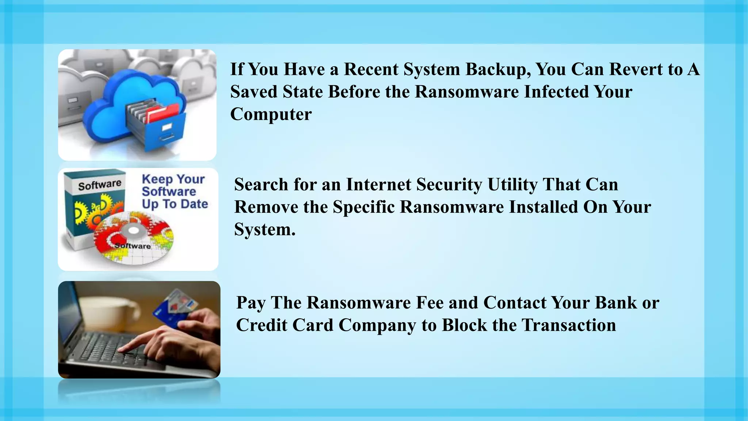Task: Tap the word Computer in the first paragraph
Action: [x=271, y=114]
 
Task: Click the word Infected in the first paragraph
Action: [x=556, y=92]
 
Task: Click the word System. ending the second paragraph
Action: [x=264, y=230]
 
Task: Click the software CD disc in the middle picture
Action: [x=133, y=238]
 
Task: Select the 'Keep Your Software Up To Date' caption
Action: [x=174, y=191]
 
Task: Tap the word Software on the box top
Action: [x=99, y=185]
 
